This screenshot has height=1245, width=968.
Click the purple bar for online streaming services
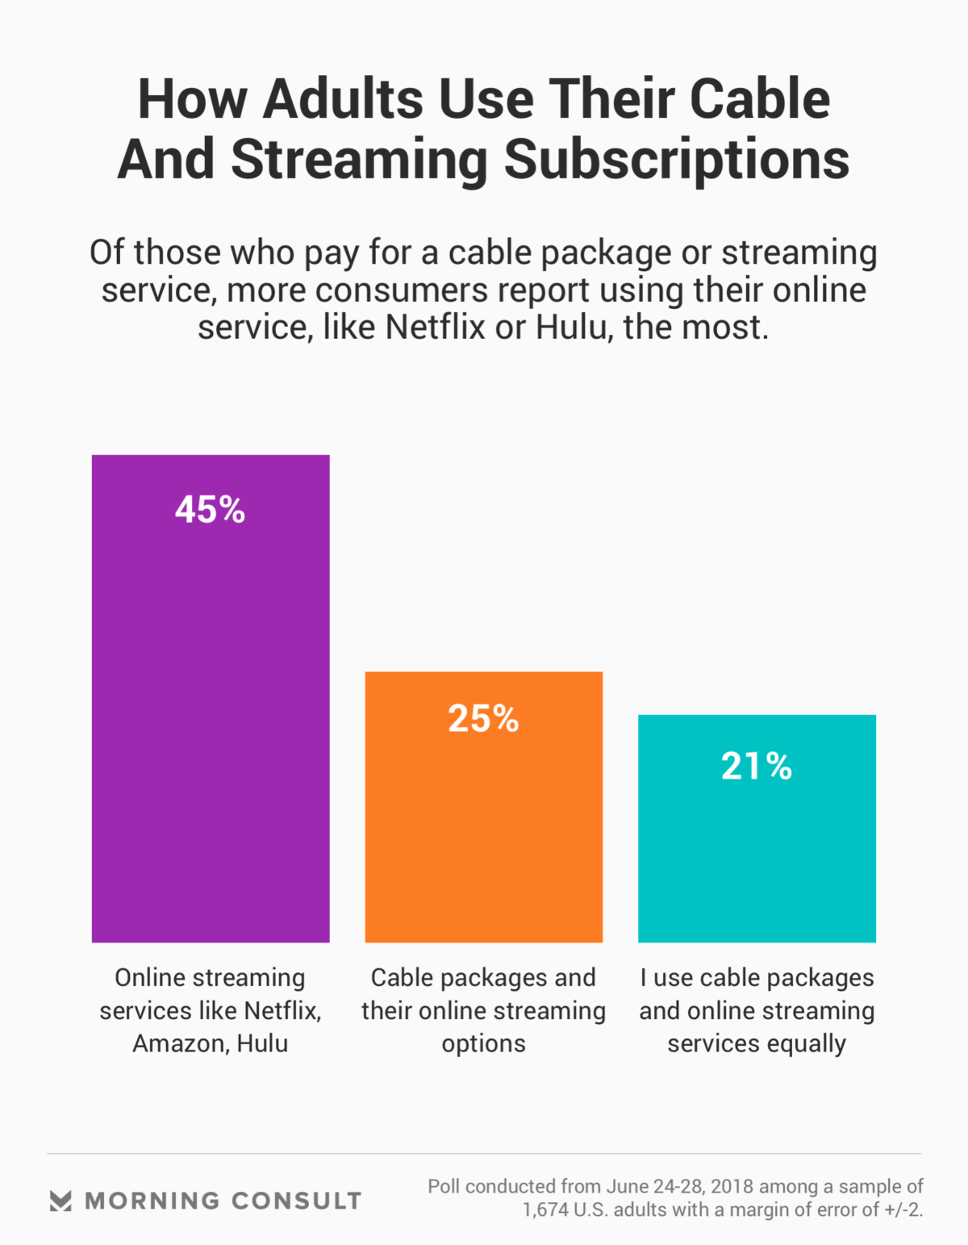211,726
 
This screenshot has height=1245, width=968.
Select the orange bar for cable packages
484,831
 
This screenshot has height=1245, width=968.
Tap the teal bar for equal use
757,855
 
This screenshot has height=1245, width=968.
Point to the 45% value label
210,510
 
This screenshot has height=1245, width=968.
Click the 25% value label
483,719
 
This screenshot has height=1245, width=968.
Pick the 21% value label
757,767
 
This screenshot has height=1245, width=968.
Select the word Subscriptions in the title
677,159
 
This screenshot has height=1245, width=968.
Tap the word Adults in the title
344,100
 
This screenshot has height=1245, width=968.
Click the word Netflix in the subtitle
436,328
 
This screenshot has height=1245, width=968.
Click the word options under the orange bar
483,1044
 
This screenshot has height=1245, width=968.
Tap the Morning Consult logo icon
60,1201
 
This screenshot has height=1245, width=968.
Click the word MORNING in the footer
152,1201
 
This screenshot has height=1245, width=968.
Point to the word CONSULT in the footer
296,1201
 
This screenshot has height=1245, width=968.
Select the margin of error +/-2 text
902,1210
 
